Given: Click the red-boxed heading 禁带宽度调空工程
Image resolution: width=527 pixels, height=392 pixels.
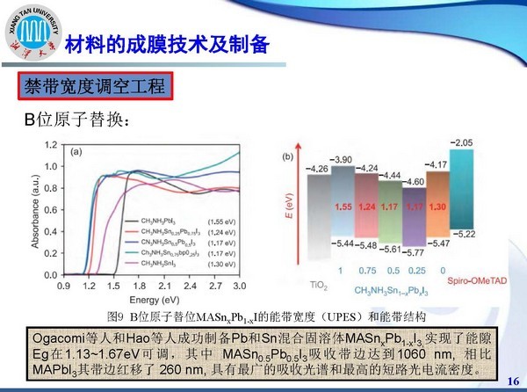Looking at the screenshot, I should pyautogui.click(x=93, y=87).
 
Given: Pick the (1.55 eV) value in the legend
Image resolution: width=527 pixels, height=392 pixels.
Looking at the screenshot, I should pyautogui.click(x=234, y=222).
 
